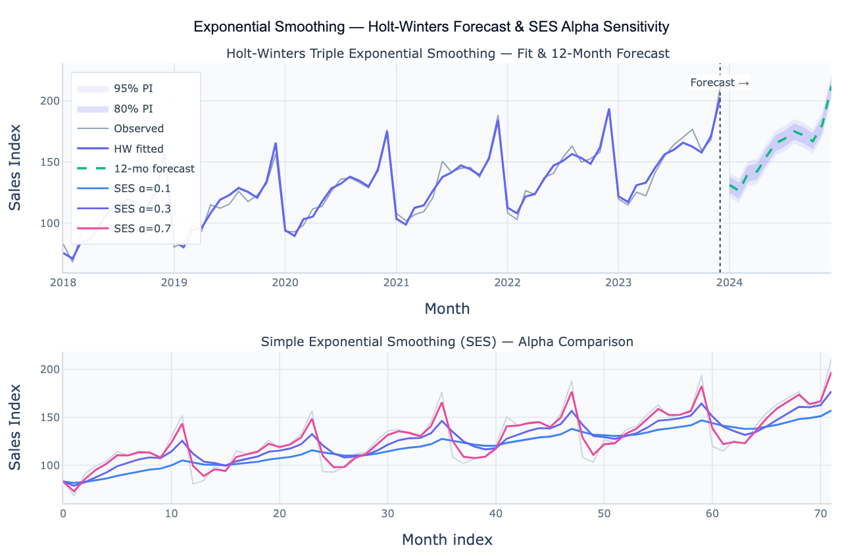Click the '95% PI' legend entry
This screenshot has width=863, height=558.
[135, 88]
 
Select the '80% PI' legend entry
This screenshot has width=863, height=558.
[135, 109]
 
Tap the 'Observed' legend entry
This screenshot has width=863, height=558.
[138, 129]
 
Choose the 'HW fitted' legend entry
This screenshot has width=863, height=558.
[138, 149]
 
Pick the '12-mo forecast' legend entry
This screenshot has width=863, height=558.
[154, 168]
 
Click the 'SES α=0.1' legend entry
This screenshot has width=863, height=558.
[142, 189]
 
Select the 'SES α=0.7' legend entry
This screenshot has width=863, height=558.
[142, 228]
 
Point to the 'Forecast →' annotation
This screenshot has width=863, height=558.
[720, 83]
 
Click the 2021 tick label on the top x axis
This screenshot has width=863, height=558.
[396, 283]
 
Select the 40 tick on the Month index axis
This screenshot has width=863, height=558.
[496, 513]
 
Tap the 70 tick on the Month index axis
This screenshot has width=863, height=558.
[820, 513]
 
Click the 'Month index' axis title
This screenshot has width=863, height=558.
[447, 540]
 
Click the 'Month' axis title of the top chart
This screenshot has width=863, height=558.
[447, 308]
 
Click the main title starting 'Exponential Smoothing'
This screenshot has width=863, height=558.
[431, 27]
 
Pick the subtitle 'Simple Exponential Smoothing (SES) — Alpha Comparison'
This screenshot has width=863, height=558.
[447, 342]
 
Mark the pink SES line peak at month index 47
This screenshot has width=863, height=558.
[572, 392]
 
